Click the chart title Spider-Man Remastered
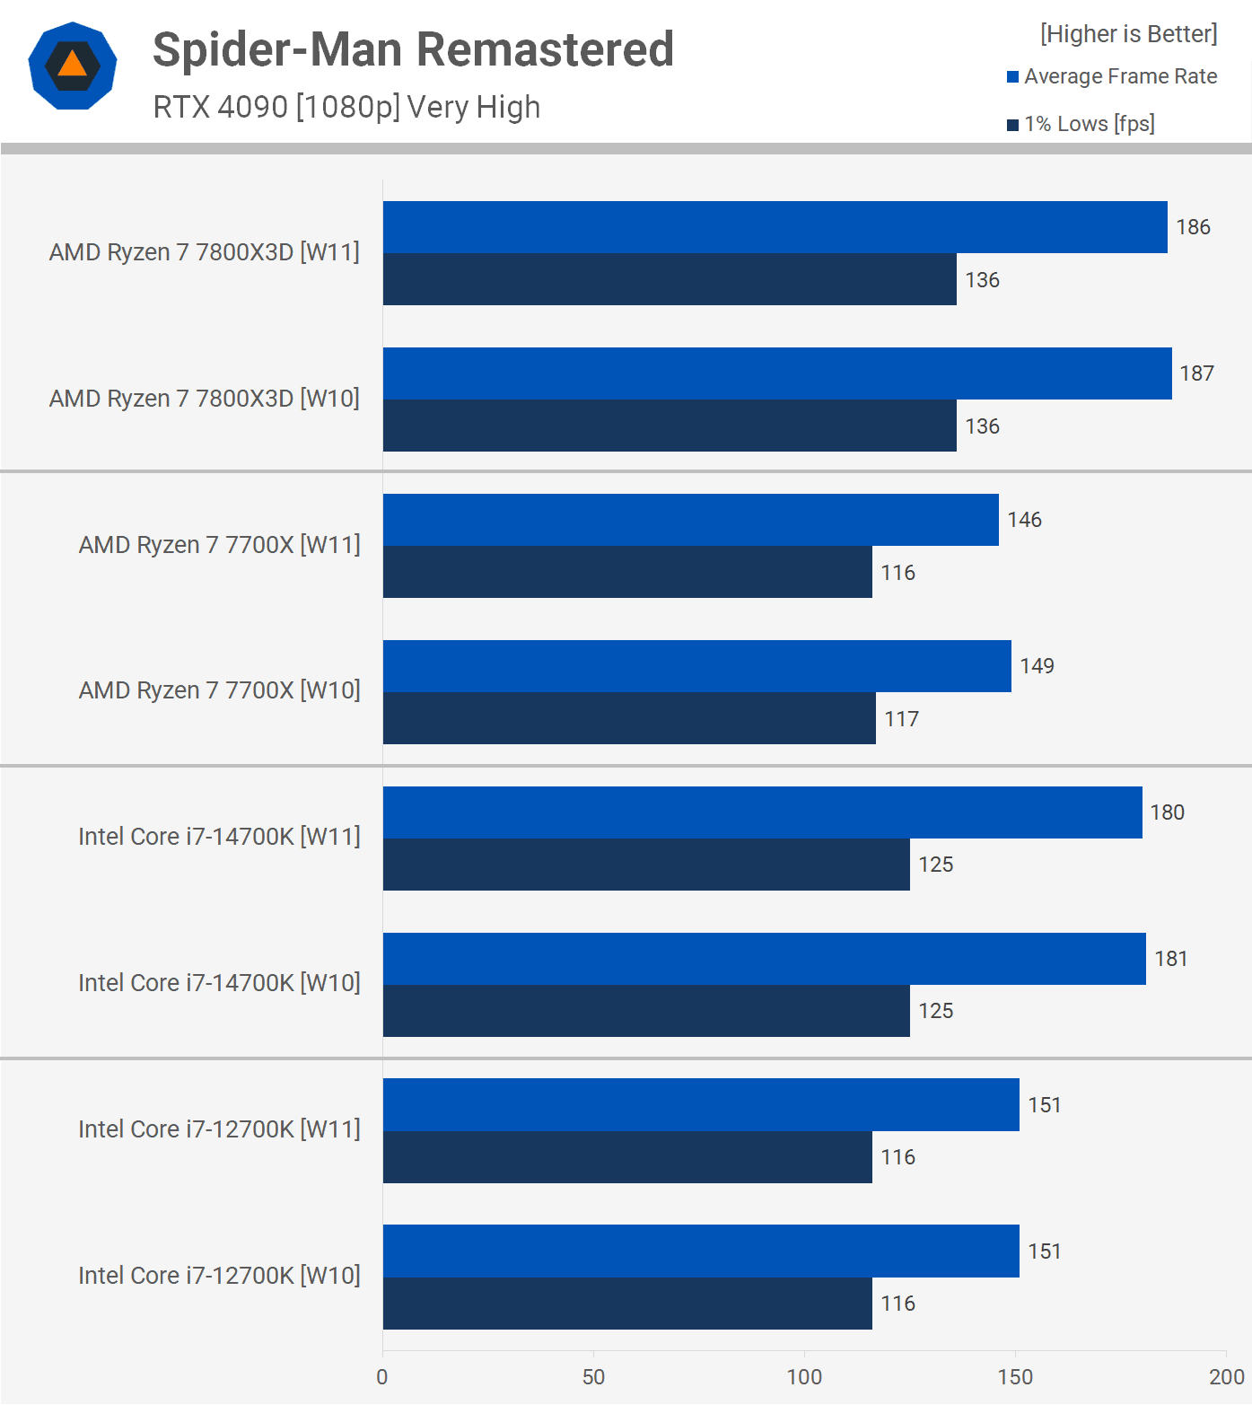[x=413, y=50]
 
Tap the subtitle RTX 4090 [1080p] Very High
[x=346, y=107]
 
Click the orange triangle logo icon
[x=73, y=66]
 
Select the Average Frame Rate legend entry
[x=1112, y=76]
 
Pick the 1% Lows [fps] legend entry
[x=1081, y=124]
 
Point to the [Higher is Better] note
[x=1128, y=34]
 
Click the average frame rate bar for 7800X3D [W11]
[x=775, y=227]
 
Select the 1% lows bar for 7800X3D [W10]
[x=670, y=426]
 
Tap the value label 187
[x=1196, y=373]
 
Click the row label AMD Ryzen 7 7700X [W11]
[x=219, y=545]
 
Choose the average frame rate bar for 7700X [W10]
[x=696, y=666]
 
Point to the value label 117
[x=901, y=719]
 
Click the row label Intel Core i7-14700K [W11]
[x=219, y=837]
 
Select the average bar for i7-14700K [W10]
[x=764, y=959]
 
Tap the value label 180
[x=1167, y=812]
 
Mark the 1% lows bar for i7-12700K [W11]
[x=627, y=1157]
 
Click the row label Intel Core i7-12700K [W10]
[x=219, y=1276]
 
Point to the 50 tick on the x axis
[x=593, y=1377]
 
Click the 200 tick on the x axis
[x=1226, y=1377]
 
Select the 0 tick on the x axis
[x=382, y=1377]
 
